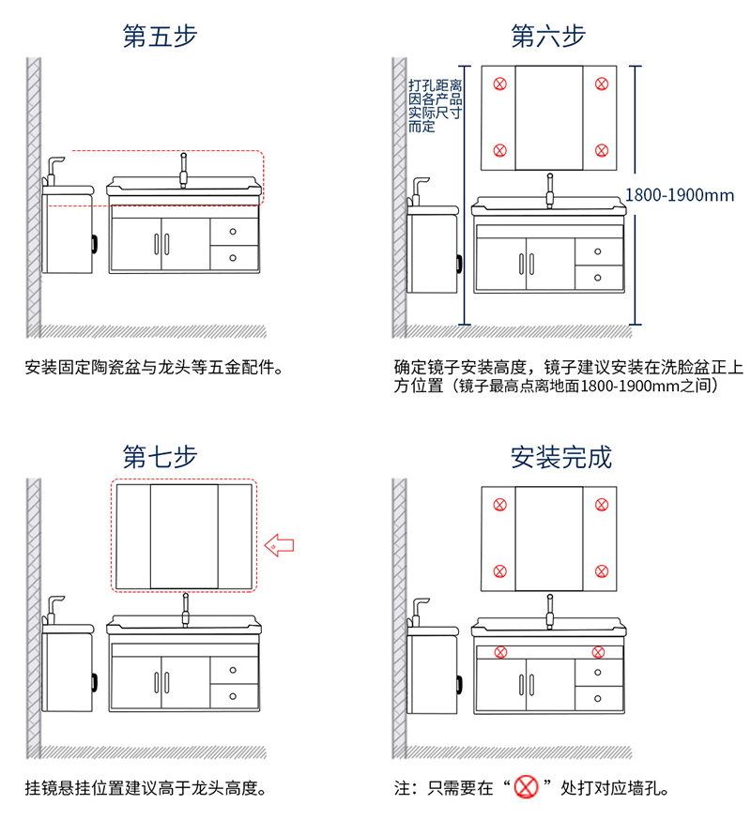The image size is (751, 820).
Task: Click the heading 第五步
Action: pos(160,36)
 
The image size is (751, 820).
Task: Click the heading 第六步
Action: pos(548,36)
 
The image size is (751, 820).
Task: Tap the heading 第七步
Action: pos(160,457)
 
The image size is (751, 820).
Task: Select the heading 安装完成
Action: pos(561,457)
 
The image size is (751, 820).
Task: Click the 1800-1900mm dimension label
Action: pos(680,195)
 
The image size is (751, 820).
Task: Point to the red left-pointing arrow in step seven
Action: pos(280,545)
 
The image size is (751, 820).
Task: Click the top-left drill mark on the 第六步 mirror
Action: pos(499,84)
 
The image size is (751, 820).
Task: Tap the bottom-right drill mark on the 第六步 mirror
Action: pos(602,151)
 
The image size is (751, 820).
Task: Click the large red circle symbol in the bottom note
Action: pos(526,787)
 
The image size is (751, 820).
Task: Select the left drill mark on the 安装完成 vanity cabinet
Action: pos(501,652)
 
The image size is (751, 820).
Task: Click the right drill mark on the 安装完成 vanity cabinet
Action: pos(598,652)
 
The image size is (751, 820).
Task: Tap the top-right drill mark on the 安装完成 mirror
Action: pos(602,505)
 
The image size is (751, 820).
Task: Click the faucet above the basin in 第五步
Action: pos(184,171)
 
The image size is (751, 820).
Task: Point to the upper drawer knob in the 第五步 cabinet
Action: pos(233,232)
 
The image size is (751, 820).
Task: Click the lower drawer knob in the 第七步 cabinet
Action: pos(233,696)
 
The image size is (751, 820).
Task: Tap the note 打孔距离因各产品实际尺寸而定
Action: pos(435,106)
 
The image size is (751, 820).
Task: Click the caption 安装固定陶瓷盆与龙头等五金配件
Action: pos(154,367)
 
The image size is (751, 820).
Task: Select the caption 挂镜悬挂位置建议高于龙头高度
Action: pos(146,787)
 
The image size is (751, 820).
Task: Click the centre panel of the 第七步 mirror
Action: pos(184,537)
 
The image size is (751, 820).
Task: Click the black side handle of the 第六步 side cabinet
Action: pos(459,264)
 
